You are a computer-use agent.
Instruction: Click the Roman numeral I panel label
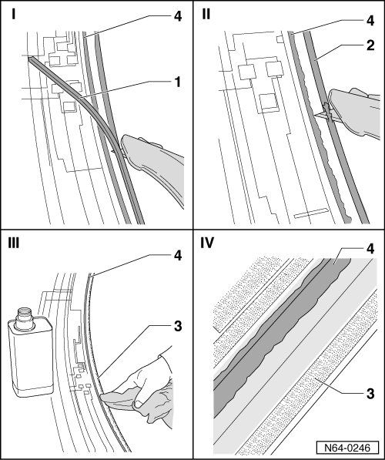click(x=14, y=15)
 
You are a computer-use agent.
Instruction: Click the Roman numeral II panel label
click(x=206, y=14)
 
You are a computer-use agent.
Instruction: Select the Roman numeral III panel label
click(x=14, y=243)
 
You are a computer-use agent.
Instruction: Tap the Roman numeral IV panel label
click(x=207, y=243)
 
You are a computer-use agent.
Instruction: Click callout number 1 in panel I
click(x=177, y=82)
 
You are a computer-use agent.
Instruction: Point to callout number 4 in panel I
click(x=178, y=16)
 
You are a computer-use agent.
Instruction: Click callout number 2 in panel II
click(x=370, y=45)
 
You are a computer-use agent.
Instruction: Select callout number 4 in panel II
click(x=370, y=21)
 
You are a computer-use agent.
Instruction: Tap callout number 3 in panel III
click(x=178, y=326)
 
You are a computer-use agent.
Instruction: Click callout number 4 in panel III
click(x=178, y=256)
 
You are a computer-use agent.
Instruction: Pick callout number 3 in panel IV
click(x=370, y=394)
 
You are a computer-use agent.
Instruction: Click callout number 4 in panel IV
click(x=370, y=249)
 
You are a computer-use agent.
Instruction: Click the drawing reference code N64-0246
click(x=347, y=448)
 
